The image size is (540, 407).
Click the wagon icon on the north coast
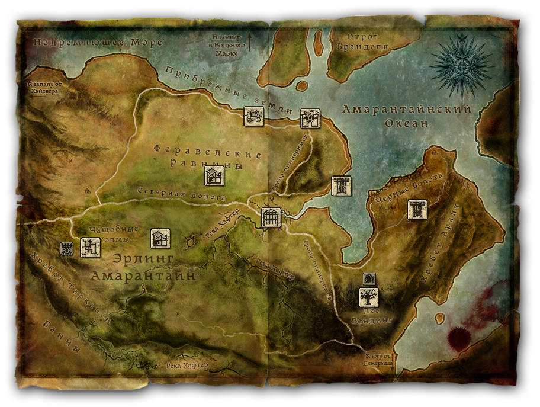253,117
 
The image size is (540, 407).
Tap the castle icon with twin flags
310,118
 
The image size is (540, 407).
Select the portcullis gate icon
271,217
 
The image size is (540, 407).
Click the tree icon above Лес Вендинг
369,297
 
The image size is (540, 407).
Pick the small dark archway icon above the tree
368,278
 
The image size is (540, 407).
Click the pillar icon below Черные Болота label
417,210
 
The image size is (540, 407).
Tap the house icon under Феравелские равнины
214,176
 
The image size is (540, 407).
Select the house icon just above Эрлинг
160,238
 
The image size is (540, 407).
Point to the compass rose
462,59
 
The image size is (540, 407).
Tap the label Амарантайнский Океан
407,116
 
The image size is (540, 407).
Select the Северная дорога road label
181,193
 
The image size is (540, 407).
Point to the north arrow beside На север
250,42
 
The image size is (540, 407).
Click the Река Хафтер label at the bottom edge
187,365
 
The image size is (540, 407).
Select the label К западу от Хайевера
45,88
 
